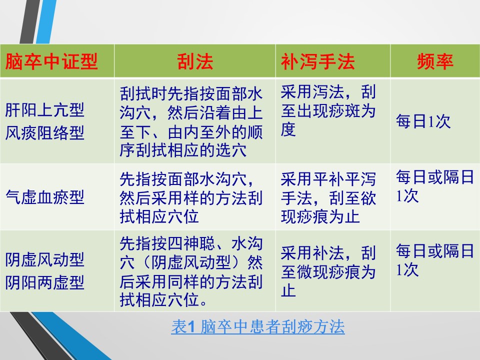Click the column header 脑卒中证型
pyautogui.click(x=51, y=61)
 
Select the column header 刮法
pyautogui.click(x=195, y=61)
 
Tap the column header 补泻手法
pyautogui.click(x=318, y=61)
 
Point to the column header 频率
pyautogui.click(x=435, y=61)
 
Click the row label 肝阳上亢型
pyautogui.click(x=44, y=110)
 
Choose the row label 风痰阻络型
pyautogui.click(x=44, y=133)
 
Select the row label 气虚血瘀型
pyautogui.click(x=44, y=197)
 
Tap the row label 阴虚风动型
pyautogui.click(x=44, y=259)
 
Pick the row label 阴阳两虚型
pyautogui.click(x=44, y=282)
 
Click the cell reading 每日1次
pyautogui.click(x=423, y=121)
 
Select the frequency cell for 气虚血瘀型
pyautogui.click(x=434, y=186)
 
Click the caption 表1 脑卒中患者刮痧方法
pyautogui.click(x=258, y=326)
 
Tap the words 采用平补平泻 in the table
pyautogui.click(x=328, y=179)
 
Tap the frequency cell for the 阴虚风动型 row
pyautogui.click(x=434, y=260)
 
